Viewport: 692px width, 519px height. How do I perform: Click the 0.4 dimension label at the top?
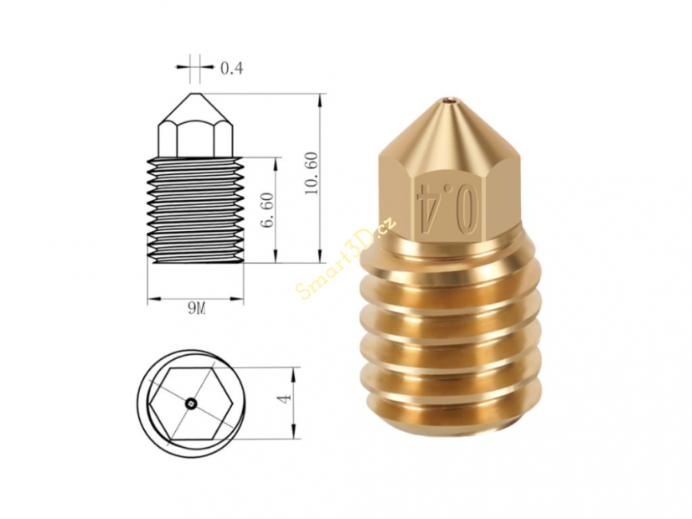point(230,69)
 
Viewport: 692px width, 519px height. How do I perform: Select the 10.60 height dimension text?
point(311,173)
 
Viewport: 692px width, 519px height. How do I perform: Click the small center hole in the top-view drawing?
point(192,405)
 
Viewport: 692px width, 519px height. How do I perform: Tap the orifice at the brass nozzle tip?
point(450,104)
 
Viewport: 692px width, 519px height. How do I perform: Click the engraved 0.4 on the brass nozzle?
point(450,201)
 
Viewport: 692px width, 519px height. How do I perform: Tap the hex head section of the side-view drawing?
point(195,139)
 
